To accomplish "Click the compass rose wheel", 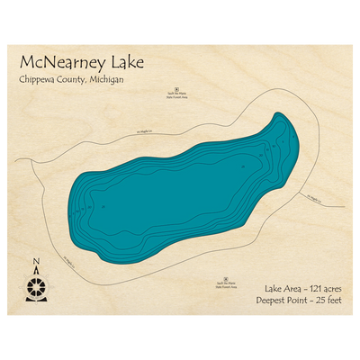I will (x=36, y=289).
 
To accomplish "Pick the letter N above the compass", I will (x=36, y=264).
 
